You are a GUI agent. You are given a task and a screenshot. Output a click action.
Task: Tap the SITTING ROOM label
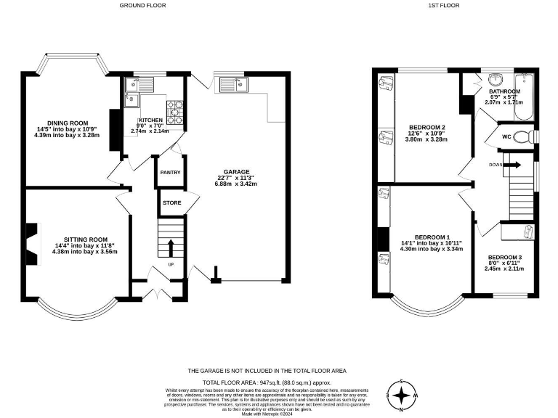[x=85, y=239]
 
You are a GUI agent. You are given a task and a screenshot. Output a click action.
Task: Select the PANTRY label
[x=170, y=173]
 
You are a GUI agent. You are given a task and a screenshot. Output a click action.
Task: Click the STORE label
[x=171, y=203]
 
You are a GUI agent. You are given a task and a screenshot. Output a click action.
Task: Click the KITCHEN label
[x=151, y=120]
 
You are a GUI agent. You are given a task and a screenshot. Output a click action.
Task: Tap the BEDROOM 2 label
[x=426, y=128]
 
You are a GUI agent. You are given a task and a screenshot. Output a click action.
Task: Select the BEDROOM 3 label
[x=504, y=258]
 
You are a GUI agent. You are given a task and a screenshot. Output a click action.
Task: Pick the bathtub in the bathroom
[x=523, y=97]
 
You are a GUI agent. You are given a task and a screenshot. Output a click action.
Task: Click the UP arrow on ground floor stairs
[x=170, y=248]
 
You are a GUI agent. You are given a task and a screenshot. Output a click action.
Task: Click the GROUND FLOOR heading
[x=142, y=5]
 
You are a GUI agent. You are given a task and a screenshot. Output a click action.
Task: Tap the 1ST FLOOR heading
[x=444, y=5]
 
